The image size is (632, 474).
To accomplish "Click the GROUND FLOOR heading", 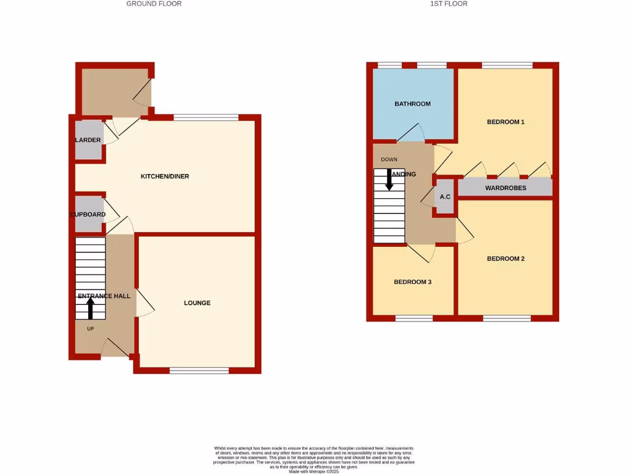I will point(154,4).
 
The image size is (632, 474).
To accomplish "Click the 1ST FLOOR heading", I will point(448,4).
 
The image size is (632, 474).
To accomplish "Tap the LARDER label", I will point(88,140).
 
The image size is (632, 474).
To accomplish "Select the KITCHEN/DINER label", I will point(165,177).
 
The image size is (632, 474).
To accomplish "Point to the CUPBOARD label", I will point(87,215).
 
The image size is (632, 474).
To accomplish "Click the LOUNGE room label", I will point(197,303).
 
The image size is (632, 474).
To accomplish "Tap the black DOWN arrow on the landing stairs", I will point(389,179).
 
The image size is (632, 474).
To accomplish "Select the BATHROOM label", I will point(412,104).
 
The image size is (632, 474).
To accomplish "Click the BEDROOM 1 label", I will point(505,122).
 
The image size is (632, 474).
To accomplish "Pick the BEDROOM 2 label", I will point(505,259).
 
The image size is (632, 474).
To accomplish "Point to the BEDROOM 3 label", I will point(412,282).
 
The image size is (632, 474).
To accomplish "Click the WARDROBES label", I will point(505,188).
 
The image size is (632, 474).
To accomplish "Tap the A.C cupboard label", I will point(444,197).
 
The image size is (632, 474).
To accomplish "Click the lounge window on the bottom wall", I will point(199,370).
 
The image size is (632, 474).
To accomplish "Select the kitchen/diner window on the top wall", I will point(206,117).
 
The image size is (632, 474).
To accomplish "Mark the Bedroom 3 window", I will point(414,318).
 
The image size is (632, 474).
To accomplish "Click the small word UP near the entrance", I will point(90,329).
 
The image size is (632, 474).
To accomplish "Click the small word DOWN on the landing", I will point(389,160).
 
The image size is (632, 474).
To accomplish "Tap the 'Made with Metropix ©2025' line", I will point(314,472).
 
